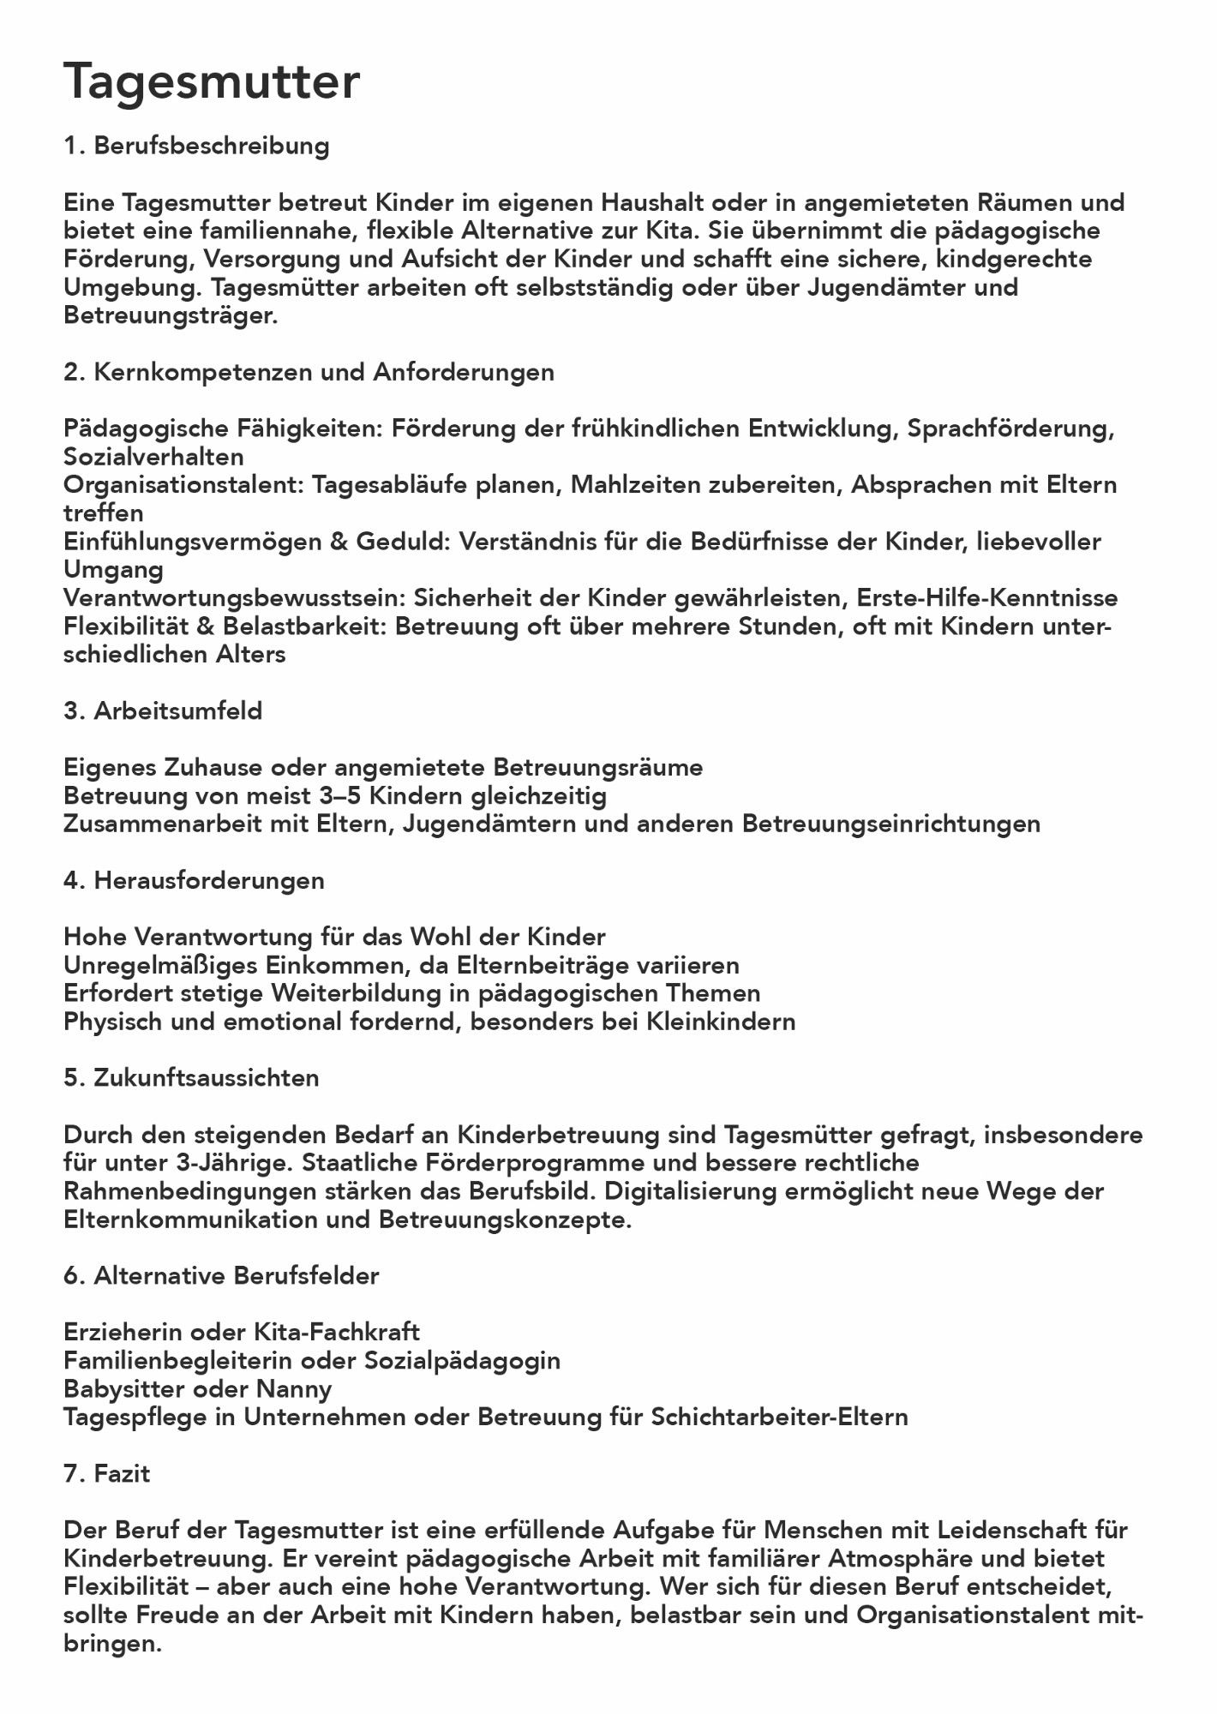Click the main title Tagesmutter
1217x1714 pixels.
(x=212, y=82)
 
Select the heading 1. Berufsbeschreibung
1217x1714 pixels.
(x=196, y=146)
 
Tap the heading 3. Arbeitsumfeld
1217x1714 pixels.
(x=163, y=710)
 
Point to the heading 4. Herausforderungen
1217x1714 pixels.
(x=194, y=880)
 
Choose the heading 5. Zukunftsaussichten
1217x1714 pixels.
(x=191, y=1077)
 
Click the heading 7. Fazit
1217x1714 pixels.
(x=107, y=1473)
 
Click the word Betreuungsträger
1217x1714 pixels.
(x=170, y=315)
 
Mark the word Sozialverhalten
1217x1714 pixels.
(x=153, y=457)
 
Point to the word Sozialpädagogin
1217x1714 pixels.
(x=462, y=1360)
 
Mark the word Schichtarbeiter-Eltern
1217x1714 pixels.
(x=779, y=1417)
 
